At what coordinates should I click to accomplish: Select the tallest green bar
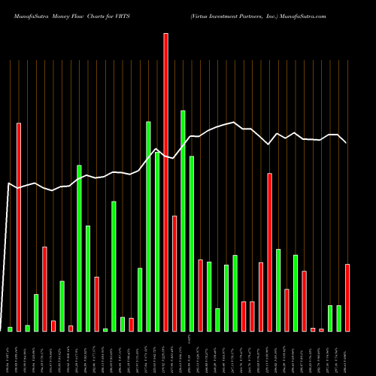183,220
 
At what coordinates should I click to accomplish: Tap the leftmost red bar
19,226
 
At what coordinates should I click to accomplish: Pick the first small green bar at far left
10,329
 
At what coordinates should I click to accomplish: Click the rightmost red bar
347,297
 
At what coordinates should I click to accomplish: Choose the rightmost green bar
338,318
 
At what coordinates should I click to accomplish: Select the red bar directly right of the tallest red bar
174,273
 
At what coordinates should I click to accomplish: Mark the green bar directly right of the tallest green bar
192,243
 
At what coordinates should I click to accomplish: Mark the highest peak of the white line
235,123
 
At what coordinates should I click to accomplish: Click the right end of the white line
347,143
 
